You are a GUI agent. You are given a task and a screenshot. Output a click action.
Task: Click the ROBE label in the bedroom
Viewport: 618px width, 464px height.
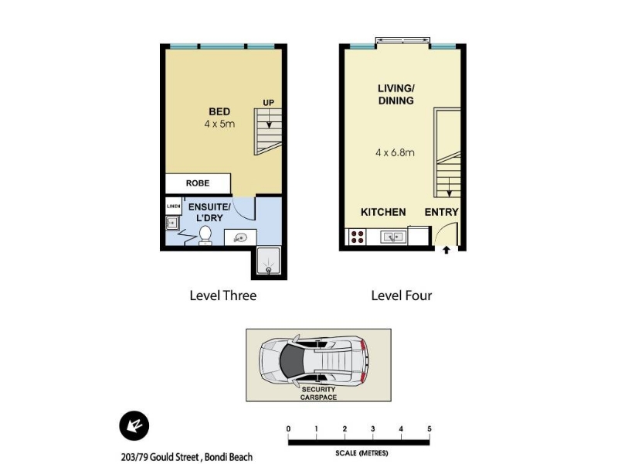coord(198,183)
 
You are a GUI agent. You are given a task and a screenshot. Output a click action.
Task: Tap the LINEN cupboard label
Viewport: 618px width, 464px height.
coord(173,206)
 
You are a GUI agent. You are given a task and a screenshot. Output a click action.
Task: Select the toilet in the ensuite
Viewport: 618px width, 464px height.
coord(205,235)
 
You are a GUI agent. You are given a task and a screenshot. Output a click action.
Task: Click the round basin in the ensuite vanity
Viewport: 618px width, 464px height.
coord(240,238)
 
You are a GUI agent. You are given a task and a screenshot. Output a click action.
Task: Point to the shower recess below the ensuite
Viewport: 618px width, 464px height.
coord(268,261)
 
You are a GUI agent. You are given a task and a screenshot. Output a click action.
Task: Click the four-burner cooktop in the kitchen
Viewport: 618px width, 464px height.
coord(358,237)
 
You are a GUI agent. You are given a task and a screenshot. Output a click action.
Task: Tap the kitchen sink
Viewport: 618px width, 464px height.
coord(392,237)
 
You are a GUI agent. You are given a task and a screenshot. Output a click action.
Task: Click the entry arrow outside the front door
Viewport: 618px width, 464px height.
coord(447,250)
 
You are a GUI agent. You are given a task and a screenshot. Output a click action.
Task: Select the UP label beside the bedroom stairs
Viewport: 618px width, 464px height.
coord(268,103)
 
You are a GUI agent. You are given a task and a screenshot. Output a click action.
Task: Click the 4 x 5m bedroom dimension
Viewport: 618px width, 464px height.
coord(219,124)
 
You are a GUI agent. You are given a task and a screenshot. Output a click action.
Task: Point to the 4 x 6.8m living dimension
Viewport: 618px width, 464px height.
coord(395,152)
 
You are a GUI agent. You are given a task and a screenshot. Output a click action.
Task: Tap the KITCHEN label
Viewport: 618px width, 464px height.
coord(383,212)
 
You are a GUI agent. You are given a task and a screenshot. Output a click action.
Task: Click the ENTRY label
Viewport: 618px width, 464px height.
coord(441,212)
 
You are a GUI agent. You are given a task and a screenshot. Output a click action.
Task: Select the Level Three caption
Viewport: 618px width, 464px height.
coord(223,295)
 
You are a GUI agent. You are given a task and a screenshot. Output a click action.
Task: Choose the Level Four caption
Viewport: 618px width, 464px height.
coord(402,295)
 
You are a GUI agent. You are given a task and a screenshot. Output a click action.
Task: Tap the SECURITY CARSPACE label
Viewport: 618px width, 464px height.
coord(318,394)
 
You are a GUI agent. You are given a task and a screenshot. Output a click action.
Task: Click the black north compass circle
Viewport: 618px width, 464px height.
coord(134,426)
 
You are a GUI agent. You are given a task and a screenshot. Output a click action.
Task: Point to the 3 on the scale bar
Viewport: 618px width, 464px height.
coord(373,429)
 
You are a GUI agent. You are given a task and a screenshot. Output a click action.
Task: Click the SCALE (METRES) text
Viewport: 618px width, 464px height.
coord(362,453)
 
